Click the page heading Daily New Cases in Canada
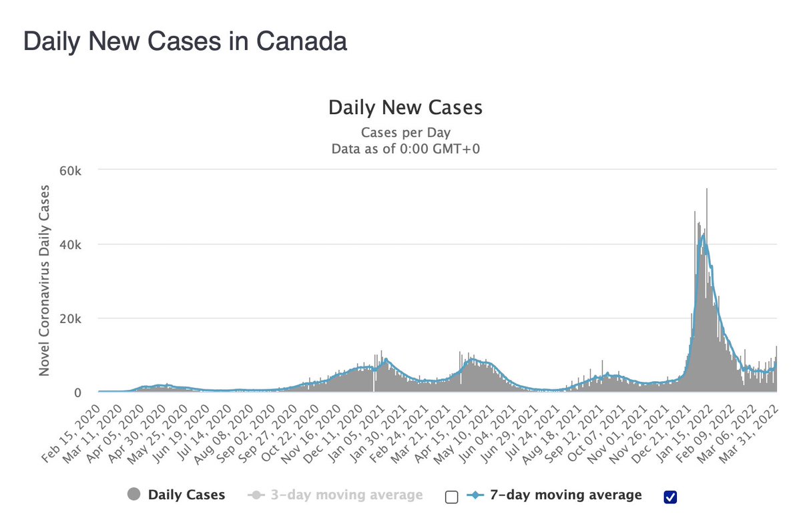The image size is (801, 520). pyautogui.click(x=185, y=41)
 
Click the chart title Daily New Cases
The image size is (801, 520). pyautogui.click(x=405, y=107)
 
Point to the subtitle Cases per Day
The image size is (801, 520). pyautogui.click(x=406, y=132)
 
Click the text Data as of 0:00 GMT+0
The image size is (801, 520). pyautogui.click(x=406, y=148)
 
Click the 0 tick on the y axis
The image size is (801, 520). pyautogui.click(x=77, y=393)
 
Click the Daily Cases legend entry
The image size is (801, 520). pyautogui.click(x=176, y=495)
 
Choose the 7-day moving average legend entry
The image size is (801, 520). pyautogui.click(x=555, y=495)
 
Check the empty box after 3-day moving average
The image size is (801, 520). pyautogui.click(x=452, y=496)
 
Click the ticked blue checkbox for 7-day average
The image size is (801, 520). pyautogui.click(x=671, y=496)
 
